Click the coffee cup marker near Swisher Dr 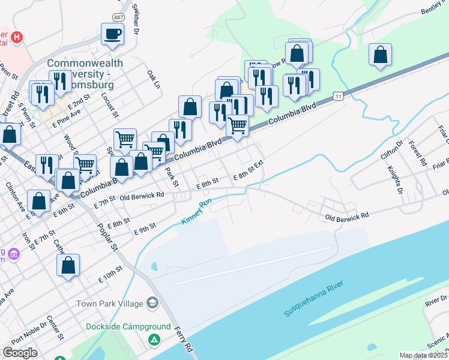112,34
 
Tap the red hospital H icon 17,38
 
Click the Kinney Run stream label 197,212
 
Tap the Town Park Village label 109,304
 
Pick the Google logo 20,353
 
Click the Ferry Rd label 185,339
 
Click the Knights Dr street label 394,180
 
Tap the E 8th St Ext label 249,169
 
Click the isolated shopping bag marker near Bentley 380,56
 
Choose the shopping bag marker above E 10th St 68,265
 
